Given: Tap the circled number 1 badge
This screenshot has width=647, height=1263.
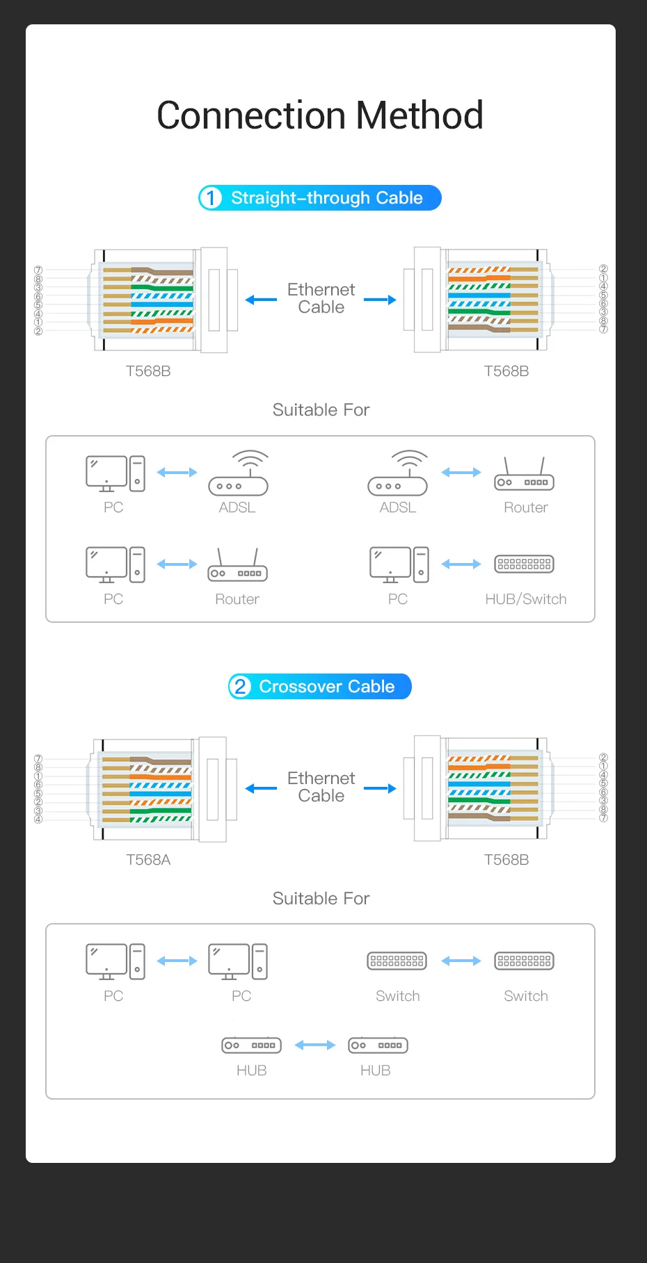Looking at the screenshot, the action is (210, 198).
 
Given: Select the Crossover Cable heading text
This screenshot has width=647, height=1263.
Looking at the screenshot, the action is (327, 687).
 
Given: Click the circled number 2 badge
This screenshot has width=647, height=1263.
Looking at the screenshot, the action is (240, 687).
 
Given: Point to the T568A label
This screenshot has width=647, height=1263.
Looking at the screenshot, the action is (148, 860).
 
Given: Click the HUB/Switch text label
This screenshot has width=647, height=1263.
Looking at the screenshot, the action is (526, 599).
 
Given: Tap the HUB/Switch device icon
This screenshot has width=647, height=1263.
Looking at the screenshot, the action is (524, 564).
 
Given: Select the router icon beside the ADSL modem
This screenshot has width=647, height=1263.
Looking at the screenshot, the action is (524, 474).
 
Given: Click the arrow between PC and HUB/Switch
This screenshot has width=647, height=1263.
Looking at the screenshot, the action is (461, 564).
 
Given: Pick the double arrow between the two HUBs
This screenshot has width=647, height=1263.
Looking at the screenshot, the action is (315, 1045).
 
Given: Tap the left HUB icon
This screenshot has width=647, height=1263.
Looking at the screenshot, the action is (251, 1045).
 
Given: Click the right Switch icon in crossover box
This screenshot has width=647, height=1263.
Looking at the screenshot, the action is (524, 961).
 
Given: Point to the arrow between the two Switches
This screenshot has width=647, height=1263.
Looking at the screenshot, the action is (461, 961).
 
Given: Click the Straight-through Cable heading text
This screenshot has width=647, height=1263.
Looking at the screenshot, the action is (327, 198).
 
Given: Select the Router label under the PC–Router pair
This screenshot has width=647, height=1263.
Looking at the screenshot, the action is (237, 599).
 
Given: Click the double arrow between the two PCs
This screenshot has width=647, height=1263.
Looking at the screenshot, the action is (177, 961).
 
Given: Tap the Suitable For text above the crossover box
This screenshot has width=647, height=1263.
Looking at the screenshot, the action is (321, 898).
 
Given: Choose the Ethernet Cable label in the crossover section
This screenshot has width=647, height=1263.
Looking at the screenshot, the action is (321, 787).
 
